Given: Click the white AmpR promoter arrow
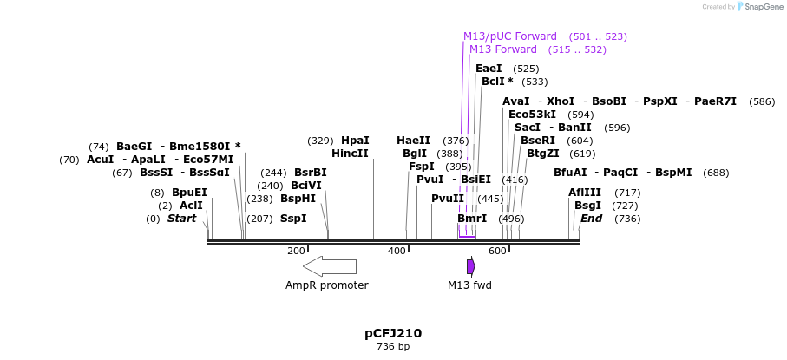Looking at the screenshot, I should [330, 266].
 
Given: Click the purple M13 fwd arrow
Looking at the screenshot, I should [470, 266].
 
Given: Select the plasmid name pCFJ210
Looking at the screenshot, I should [393, 333].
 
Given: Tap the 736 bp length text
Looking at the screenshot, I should [393, 347].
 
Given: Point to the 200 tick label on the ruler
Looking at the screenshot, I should [297, 251].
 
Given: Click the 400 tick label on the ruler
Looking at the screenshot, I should [397, 251].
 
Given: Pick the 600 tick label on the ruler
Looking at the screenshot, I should [497, 251].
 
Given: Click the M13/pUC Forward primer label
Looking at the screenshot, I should [510, 36].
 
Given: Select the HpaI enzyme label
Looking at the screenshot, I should [355, 141].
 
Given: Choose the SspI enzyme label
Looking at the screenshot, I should [293, 219].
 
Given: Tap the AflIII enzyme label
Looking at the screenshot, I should [585, 193].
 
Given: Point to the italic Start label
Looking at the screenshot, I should [182, 219].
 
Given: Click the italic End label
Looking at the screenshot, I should [592, 219].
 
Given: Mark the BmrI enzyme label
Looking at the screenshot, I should [472, 219].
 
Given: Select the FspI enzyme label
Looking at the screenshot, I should [422, 167].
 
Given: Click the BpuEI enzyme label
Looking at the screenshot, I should [189, 193].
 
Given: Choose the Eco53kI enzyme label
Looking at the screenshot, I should [532, 115].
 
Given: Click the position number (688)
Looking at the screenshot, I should [716, 173].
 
